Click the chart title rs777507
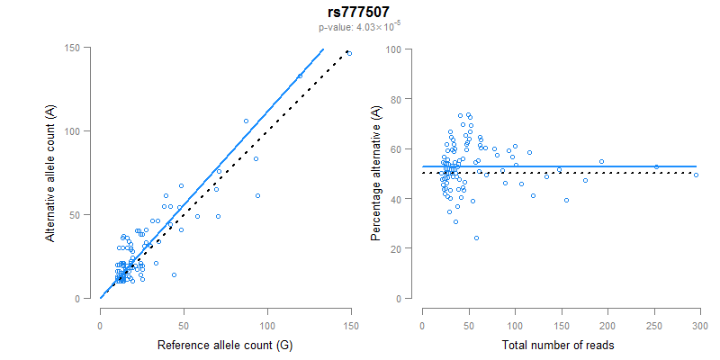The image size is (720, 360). pos(359,13)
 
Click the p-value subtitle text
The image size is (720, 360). pos(359,28)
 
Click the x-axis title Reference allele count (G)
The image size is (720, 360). pos(224,345)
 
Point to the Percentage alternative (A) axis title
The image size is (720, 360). pos(376,173)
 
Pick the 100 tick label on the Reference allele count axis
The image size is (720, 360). pos(267,316)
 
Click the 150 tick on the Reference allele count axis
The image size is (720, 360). pos(351,316)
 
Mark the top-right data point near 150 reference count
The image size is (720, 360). pos(349,54)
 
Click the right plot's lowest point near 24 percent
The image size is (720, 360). pos(476,238)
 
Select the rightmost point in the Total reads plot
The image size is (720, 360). pos(696,175)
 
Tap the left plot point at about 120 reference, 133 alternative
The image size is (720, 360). pos(300,76)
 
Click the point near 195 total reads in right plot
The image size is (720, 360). pos(601,162)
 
